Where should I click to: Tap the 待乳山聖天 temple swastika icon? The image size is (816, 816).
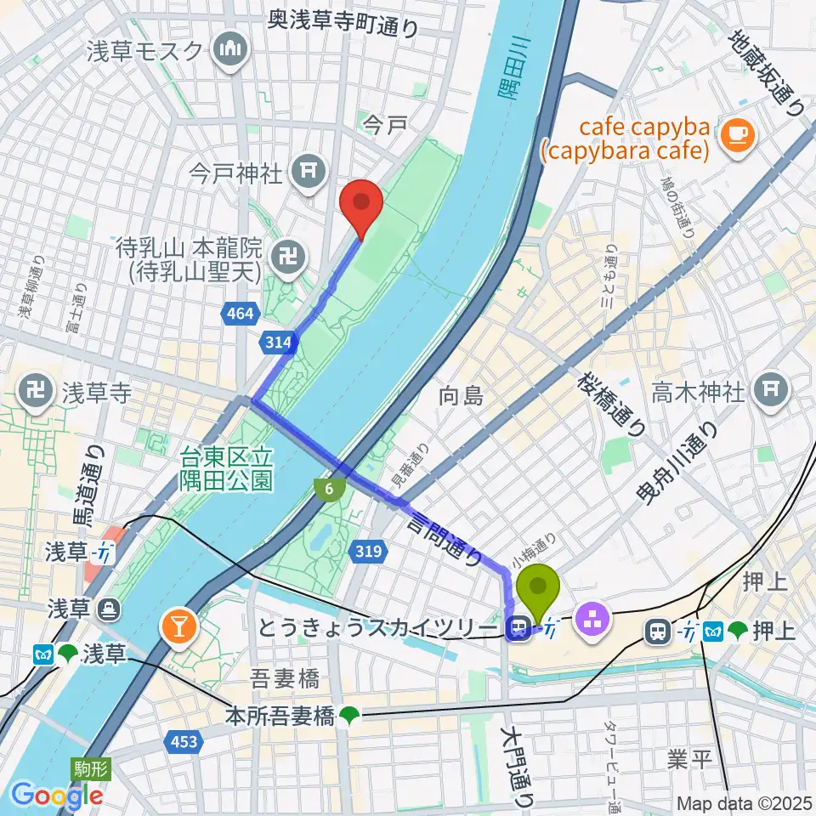[284, 252]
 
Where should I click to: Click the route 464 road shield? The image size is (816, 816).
[241, 314]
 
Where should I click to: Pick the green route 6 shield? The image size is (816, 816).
[328, 488]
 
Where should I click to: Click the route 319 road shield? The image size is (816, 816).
[368, 552]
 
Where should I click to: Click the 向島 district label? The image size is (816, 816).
[461, 395]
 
